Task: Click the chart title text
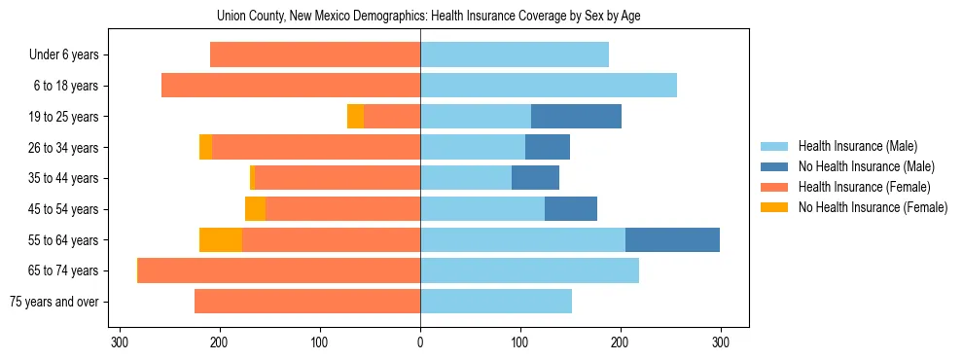pyautogui.click(x=420, y=17)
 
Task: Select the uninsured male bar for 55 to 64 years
pyautogui.click(x=672, y=239)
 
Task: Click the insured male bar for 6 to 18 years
pyautogui.click(x=549, y=86)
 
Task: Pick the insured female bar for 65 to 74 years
pyautogui.click(x=279, y=270)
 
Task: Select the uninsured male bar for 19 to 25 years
pyautogui.click(x=576, y=117)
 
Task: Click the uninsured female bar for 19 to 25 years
pyautogui.click(x=355, y=117)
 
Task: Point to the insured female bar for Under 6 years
pyautogui.click(x=315, y=55)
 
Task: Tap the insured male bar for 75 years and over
pyautogui.click(x=496, y=302)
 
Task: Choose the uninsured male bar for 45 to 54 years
pyautogui.click(x=571, y=209)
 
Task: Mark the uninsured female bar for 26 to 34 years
pyautogui.click(x=205, y=147)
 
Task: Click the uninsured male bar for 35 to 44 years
pyautogui.click(x=535, y=178)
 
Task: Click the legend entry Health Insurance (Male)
pyautogui.click(x=857, y=146)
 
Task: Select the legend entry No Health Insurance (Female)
pyautogui.click(x=873, y=207)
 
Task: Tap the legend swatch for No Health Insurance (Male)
pyautogui.click(x=774, y=166)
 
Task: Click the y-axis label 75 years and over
pyautogui.click(x=53, y=302)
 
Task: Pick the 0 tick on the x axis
pyautogui.click(x=420, y=342)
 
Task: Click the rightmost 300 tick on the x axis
pyautogui.click(x=721, y=342)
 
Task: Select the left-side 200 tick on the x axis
pyautogui.click(x=220, y=342)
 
